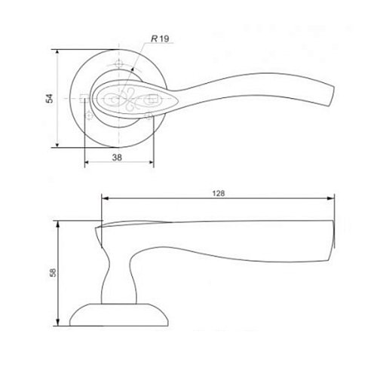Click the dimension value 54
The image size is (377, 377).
[x=50, y=98]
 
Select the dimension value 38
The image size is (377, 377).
[x=117, y=158]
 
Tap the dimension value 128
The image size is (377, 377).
[x=219, y=193]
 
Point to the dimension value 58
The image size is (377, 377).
[x=54, y=273]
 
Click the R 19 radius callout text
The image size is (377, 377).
[x=160, y=38]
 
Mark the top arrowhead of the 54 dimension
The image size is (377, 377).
[x=57, y=51]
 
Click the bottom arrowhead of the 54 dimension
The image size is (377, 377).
[x=57, y=145]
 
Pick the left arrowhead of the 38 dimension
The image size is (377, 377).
[x=87, y=162]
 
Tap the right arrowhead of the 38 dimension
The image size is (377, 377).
[x=152, y=162]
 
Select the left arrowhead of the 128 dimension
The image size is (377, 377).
[x=104, y=198]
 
